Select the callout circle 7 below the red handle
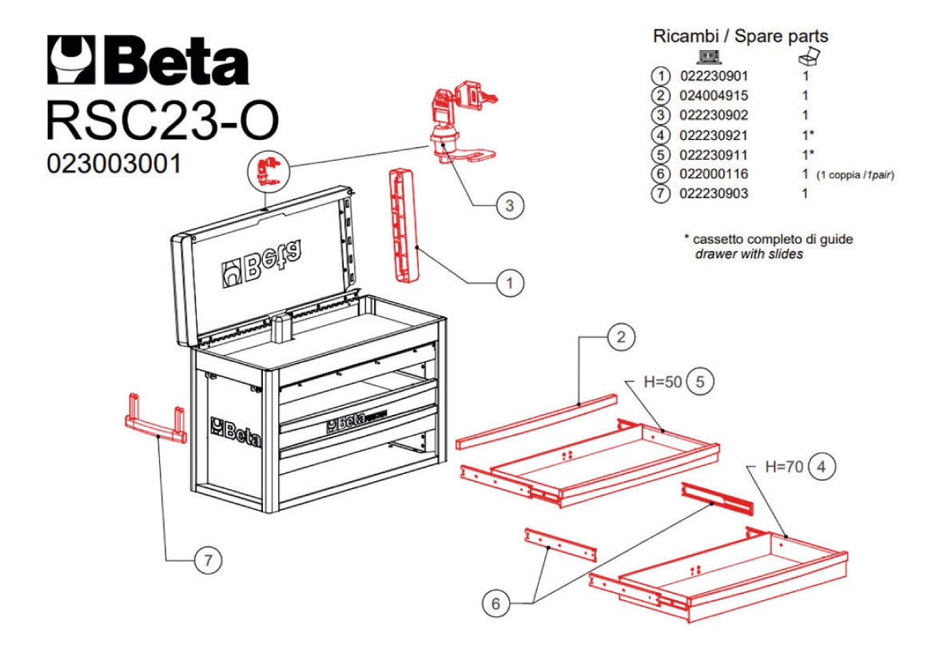(x=209, y=560)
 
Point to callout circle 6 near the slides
(x=495, y=604)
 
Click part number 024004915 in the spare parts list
(x=714, y=96)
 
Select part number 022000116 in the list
(x=714, y=174)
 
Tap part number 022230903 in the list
(x=714, y=193)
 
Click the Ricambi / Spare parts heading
(x=740, y=36)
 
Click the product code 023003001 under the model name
(x=114, y=164)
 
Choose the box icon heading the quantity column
(x=809, y=57)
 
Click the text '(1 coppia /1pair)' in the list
(x=854, y=175)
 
